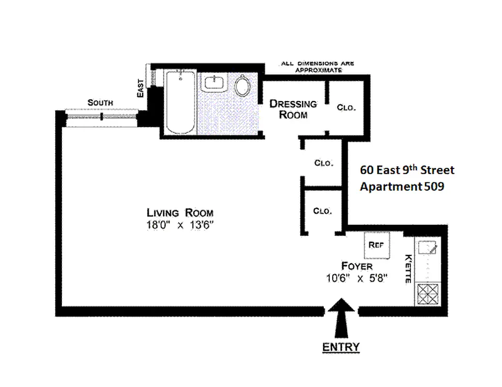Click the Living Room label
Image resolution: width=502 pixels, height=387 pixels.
(180, 213)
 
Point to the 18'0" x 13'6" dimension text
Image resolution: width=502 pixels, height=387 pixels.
(180, 225)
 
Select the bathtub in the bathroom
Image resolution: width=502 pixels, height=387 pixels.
(181, 102)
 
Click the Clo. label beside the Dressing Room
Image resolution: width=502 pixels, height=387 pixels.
(346, 107)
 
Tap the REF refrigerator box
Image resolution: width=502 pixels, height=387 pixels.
(377, 245)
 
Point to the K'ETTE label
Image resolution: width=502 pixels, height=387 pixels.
(408, 268)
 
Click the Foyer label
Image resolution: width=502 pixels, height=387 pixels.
(357, 266)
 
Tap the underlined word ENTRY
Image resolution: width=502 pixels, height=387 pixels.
(341, 347)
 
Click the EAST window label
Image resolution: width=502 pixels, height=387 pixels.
(140, 88)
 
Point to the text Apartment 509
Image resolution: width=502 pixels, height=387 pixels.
(402, 187)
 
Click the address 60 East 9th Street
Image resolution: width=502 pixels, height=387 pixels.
(407, 170)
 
